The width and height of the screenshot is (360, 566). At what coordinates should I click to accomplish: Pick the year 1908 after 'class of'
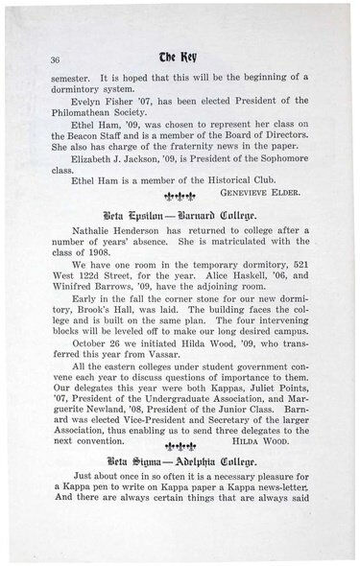point(92,282)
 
